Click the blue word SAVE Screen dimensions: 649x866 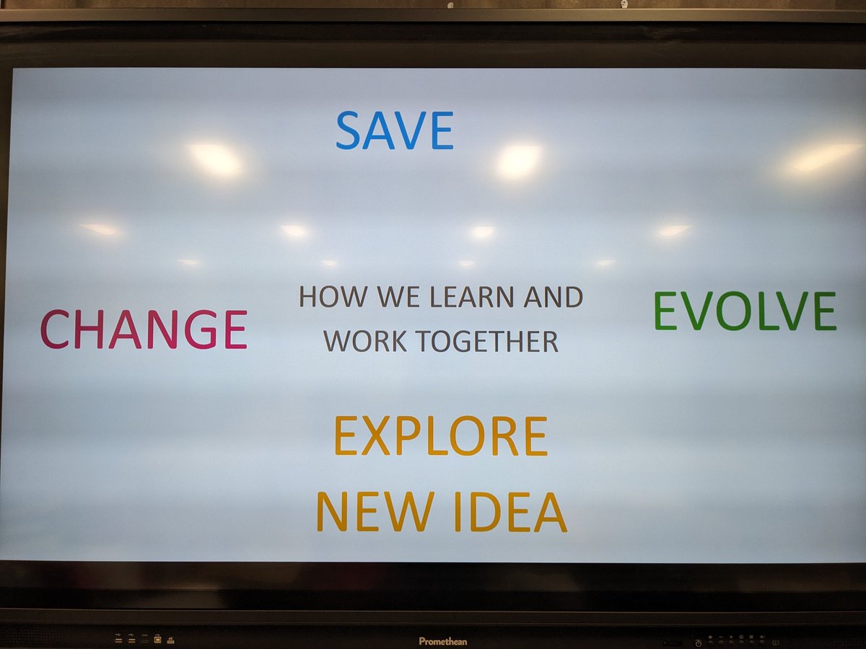tap(395, 131)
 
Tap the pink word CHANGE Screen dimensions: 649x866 tap(144, 329)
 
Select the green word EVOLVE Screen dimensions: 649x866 tap(745, 312)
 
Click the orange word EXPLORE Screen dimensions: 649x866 tap(440, 436)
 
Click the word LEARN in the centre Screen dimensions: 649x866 tap(468, 296)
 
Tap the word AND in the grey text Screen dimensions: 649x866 tap(555, 296)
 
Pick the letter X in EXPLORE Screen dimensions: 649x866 tap(375, 436)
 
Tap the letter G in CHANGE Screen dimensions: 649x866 tap(201, 329)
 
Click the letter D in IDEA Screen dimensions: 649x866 tap(487, 511)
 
